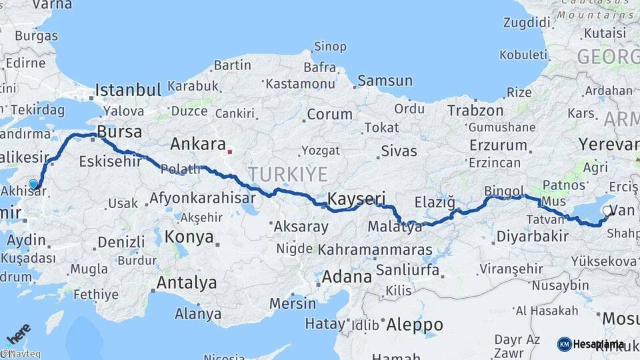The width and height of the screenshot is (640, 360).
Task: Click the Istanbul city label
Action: tap(128, 90)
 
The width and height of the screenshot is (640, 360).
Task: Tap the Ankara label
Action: tap(198, 144)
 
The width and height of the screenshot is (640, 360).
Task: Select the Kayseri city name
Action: tap(357, 198)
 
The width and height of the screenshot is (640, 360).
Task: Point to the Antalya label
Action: tap(186, 283)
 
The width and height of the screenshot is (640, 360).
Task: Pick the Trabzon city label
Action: tap(475, 111)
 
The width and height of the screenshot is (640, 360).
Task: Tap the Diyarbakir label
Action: tap(532, 235)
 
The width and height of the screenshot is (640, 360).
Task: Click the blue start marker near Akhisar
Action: tap(33, 184)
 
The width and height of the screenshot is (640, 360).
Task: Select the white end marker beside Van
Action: tap(606, 211)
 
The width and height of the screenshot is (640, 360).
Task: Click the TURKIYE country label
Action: tap(288, 175)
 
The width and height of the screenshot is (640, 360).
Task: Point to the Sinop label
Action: tap(330, 47)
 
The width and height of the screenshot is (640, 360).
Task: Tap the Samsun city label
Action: tap(385, 81)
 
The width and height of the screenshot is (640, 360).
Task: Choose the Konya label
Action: tap(189, 237)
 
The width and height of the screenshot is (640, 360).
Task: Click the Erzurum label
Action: tap(498, 145)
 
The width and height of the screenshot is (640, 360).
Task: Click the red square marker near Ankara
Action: tap(230, 151)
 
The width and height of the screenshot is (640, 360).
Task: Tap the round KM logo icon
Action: tap(564, 344)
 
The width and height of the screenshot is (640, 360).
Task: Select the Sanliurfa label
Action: tap(407, 269)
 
